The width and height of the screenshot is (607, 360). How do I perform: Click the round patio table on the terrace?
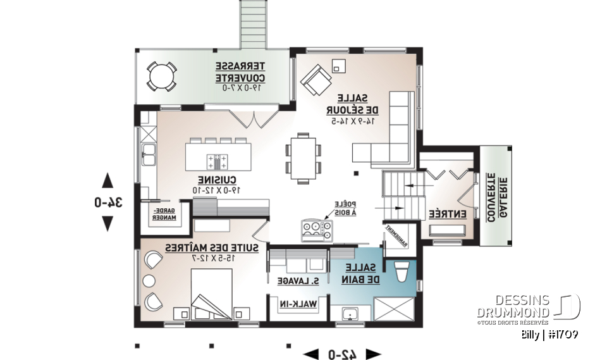162,76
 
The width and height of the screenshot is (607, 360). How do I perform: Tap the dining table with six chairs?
304,158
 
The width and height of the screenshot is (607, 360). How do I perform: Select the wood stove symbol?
317,230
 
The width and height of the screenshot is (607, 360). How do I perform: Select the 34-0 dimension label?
108,202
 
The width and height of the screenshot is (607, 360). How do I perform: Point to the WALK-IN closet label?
298,305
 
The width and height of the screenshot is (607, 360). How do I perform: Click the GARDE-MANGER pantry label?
165,214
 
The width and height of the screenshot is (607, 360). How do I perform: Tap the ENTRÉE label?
448,214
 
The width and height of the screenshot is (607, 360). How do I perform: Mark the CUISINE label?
217,184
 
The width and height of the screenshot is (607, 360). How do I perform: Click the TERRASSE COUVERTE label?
240,73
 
